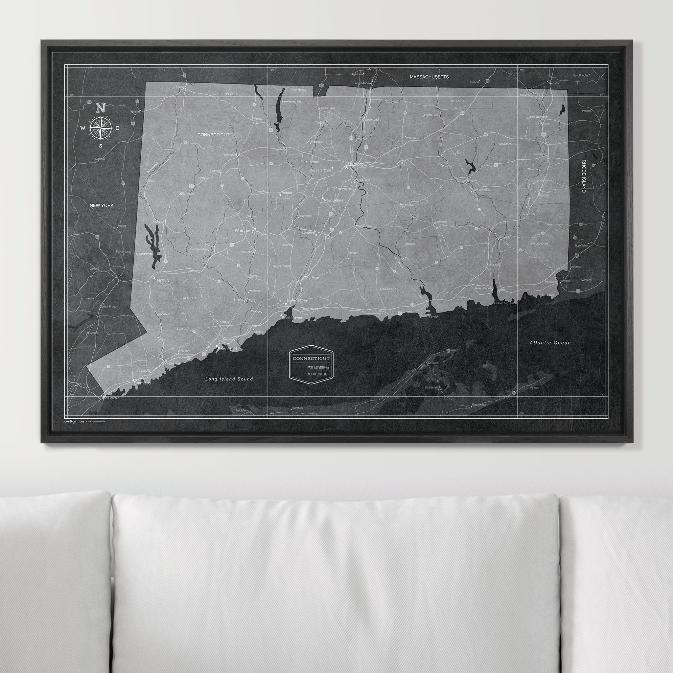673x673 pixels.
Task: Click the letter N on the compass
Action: (x=100, y=108)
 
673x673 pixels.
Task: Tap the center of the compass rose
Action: (x=100, y=128)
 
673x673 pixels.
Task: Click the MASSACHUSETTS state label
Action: (x=429, y=77)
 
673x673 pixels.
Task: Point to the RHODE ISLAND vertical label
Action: (x=584, y=176)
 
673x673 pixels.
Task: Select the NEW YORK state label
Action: (x=101, y=205)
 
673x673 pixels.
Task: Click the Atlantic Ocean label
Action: (x=550, y=343)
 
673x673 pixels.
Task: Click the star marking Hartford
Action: (x=346, y=168)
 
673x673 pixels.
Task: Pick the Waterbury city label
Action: (x=244, y=231)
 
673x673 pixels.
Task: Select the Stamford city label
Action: (x=142, y=383)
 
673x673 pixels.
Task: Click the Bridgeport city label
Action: (x=227, y=349)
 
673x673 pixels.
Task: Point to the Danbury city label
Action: (x=162, y=280)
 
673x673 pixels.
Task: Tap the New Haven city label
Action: (x=297, y=301)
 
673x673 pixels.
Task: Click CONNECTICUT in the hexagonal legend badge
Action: (x=311, y=358)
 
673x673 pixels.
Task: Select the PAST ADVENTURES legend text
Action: (x=318, y=367)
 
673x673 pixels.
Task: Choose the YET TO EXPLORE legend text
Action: (x=317, y=374)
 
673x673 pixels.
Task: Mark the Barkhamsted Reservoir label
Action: (x=291, y=101)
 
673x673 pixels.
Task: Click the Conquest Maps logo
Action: (x=75, y=422)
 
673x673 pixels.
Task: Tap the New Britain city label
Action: (x=333, y=200)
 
